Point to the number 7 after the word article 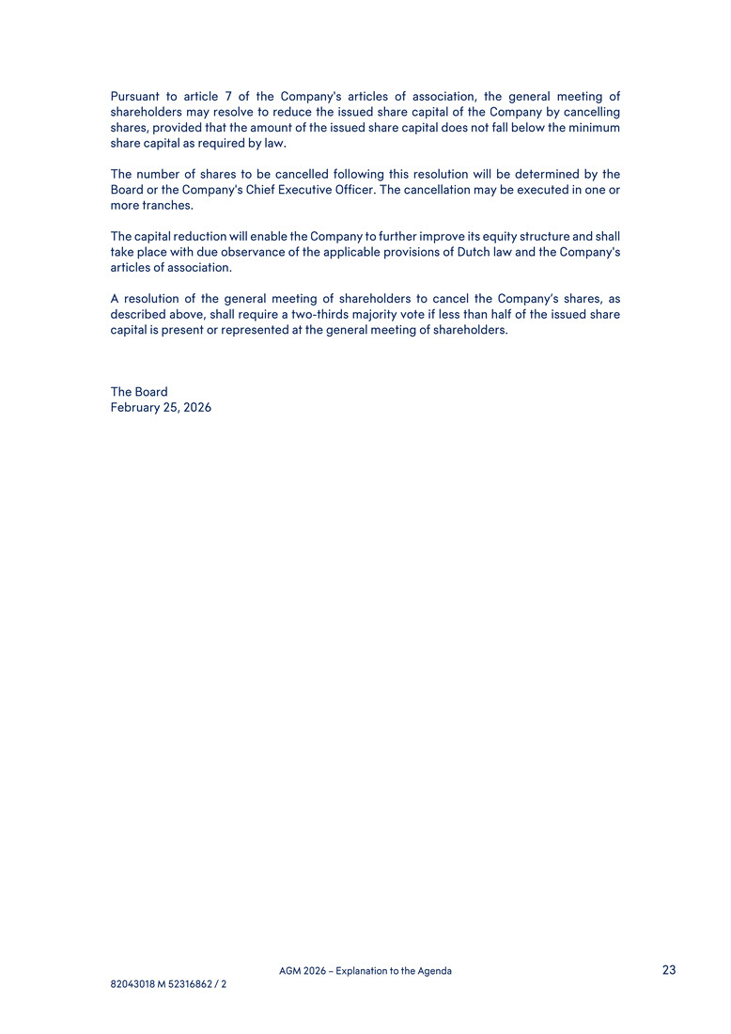[x=229, y=97]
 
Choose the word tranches [x=168, y=206]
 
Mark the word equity [x=478, y=237]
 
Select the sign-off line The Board [x=139, y=392]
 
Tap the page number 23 [x=669, y=970]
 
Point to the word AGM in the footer [x=291, y=971]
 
